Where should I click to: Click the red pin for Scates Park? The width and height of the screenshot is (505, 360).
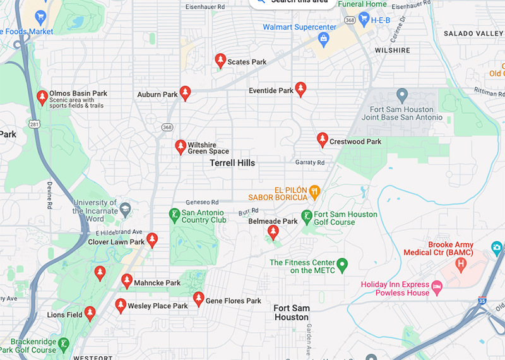tap(220, 61)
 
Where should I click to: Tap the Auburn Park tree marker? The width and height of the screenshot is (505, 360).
tap(185, 93)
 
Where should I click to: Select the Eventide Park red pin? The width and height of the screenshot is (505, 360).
tap(300, 89)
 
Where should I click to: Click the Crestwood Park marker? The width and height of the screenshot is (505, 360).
tap(323, 140)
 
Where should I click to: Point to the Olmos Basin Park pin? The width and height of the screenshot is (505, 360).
tap(42, 97)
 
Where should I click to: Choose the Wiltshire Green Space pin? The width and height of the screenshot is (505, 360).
tap(181, 147)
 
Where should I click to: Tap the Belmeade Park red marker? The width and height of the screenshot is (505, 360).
tap(273, 232)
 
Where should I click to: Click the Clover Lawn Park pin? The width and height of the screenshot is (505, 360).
tap(152, 240)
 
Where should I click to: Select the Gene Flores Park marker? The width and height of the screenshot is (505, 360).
tap(198, 299)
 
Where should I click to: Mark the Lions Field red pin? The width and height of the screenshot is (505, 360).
tap(90, 313)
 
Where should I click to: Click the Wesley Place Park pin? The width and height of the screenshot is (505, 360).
tap(121, 306)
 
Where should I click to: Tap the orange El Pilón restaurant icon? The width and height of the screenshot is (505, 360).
tap(314, 190)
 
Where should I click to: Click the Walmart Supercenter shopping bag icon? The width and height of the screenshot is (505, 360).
tap(324, 40)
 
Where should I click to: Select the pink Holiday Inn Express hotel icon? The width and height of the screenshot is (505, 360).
tap(436, 288)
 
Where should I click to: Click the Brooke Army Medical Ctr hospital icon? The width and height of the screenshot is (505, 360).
tap(462, 262)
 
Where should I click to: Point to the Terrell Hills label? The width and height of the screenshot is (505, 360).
tap(232, 163)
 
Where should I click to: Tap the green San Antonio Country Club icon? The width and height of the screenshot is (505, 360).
tap(174, 215)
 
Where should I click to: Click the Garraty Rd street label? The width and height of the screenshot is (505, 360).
tap(310, 162)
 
